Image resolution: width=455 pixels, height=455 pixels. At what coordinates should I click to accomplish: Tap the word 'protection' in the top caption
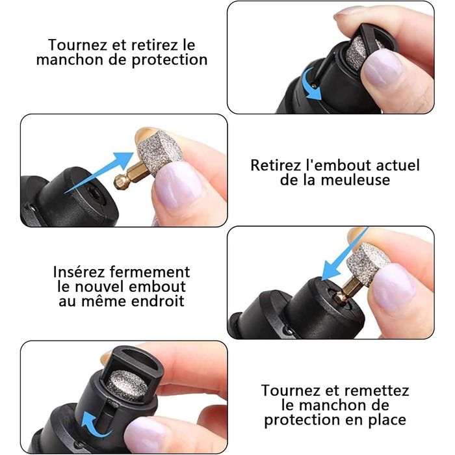click(170, 60)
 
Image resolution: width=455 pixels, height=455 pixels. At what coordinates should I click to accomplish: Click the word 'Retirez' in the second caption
click(276, 165)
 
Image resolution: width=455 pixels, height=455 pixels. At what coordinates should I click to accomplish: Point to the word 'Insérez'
click(79, 272)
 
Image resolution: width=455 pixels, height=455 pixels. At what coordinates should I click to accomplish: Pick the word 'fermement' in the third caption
click(150, 272)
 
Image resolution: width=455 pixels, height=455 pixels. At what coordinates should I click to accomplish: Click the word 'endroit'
click(157, 301)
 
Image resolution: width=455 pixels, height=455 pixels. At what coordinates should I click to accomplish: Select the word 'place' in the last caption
click(387, 420)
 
